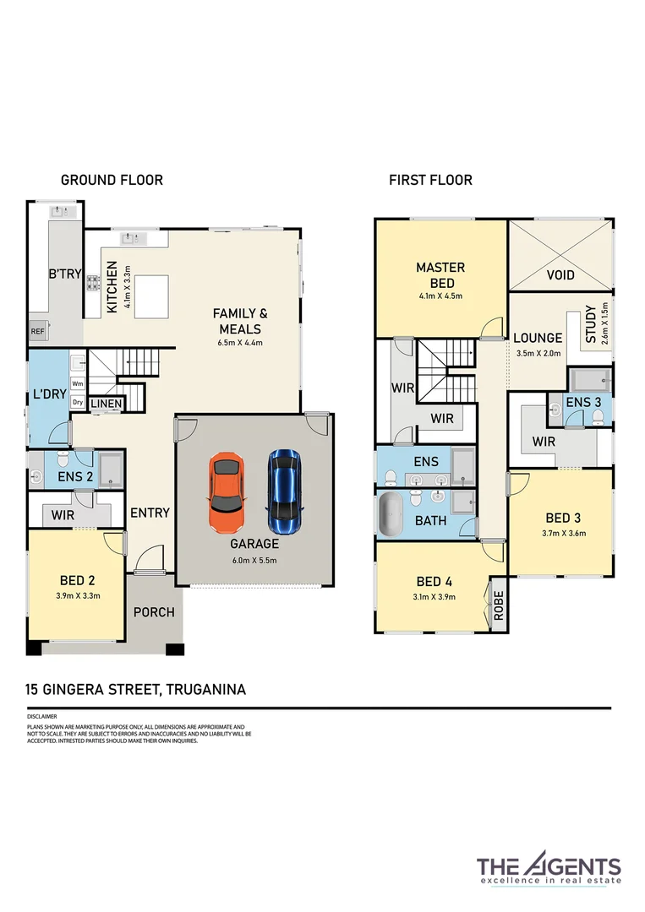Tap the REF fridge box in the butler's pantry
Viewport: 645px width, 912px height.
(x=38, y=332)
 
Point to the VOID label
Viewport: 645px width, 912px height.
(x=560, y=275)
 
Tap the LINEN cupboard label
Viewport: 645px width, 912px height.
(x=106, y=404)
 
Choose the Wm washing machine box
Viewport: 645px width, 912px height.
(x=78, y=383)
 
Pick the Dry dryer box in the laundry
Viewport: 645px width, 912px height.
(x=78, y=403)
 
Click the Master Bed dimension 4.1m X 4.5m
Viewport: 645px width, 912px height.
(x=440, y=296)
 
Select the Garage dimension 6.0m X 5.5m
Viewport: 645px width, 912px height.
(x=254, y=560)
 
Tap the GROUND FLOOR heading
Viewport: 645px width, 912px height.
(x=112, y=180)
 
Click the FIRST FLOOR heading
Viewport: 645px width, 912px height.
(x=430, y=180)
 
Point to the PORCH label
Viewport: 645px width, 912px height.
(x=154, y=611)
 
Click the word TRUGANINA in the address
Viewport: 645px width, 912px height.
(x=206, y=690)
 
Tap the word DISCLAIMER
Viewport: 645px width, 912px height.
(x=42, y=716)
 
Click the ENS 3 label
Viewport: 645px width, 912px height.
(x=578, y=403)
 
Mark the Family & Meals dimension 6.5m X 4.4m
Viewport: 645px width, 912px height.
(x=240, y=344)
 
